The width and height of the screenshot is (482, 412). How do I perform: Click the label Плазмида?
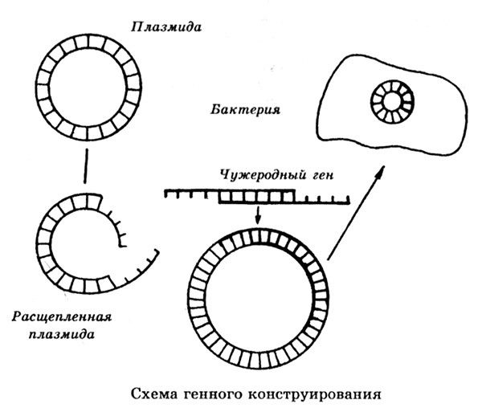pos(166,27)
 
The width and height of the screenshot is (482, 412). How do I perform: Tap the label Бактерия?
pos(245,109)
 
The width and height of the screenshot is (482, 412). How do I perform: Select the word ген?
pos(323,176)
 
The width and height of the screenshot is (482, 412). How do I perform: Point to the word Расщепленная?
pos(62,317)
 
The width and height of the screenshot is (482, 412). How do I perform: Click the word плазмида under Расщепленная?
pos(62,334)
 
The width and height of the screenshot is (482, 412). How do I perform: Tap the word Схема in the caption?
pos(154,394)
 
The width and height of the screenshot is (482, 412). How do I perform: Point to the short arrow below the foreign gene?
pos(258,215)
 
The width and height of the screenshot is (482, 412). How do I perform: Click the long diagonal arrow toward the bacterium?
pos(357,213)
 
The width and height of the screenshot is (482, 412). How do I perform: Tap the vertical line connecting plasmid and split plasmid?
pos(87,166)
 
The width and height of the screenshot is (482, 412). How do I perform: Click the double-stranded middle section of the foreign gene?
pos(257,197)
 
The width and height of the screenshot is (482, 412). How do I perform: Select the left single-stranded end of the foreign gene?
pos(191,194)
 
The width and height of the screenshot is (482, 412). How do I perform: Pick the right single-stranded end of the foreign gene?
pos(322,202)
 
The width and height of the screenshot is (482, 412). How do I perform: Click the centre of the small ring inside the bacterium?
pos(392,102)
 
